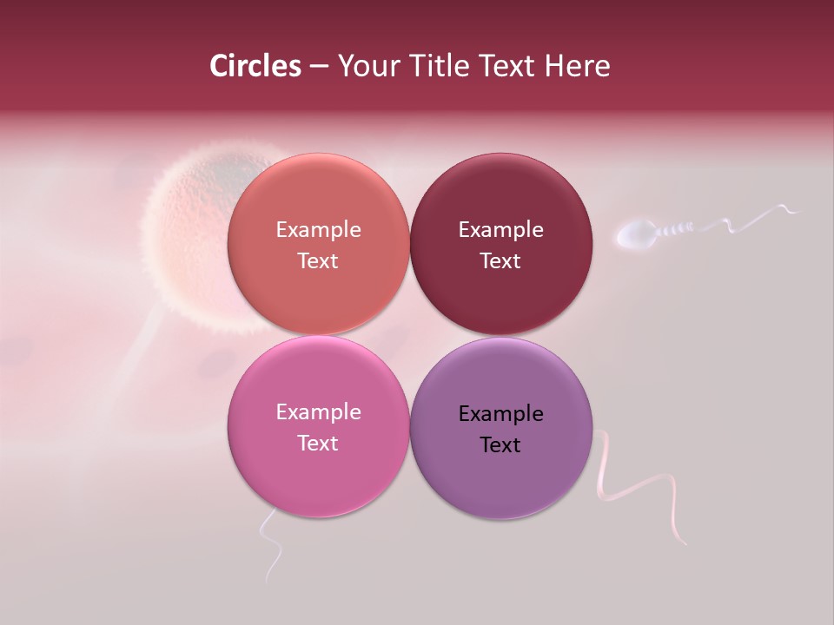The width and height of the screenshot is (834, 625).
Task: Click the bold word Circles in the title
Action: pyautogui.click(x=255, y=66)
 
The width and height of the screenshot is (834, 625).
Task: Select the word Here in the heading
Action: pyautogui.click(x=578, y=66)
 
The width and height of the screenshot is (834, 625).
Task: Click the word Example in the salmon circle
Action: pyautogui.click(x=318, y=230)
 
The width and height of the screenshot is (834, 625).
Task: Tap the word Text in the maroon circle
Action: pyautogui.click(x=500, y=261)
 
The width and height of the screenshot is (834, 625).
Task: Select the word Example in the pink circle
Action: pyautogui.click(x=318, y=412)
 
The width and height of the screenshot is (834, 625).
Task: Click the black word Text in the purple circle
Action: pyautogui.click(x=500, y=445)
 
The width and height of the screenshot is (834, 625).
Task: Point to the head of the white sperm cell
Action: pyautogui.click(x=635, y=234)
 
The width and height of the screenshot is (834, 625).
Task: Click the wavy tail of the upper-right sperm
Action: pyautogui.click(x=747, y=219)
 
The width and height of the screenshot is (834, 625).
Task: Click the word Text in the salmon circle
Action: pyautogui.click(x=318, y=261)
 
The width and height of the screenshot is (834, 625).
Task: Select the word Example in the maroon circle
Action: pyautogui.click(x=500, y=230)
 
